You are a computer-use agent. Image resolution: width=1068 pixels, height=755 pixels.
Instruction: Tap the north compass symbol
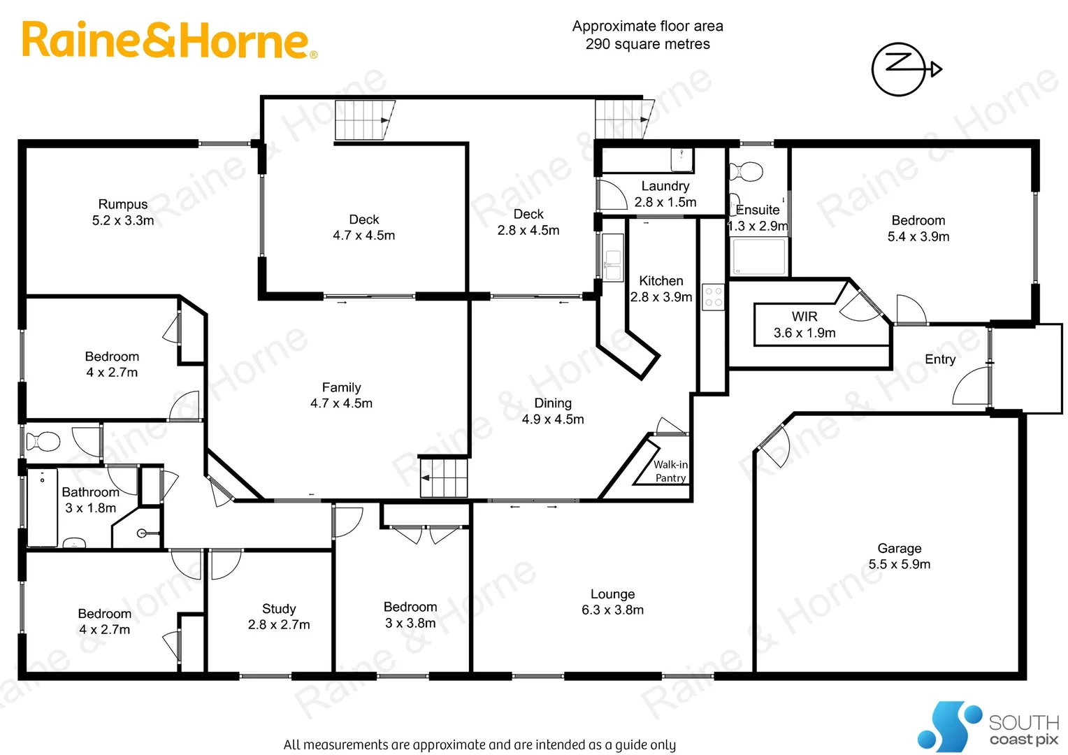(902, 69)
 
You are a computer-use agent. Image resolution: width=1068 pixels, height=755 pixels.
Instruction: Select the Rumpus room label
(123, 204)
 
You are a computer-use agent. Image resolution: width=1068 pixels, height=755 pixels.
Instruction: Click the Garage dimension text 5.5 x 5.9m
(899, 564)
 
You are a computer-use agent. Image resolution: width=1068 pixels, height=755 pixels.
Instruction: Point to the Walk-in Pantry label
(670, 471)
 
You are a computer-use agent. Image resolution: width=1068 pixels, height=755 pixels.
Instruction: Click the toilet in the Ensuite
(746, 171)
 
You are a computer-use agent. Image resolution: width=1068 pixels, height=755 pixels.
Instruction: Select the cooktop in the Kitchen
(713, 297)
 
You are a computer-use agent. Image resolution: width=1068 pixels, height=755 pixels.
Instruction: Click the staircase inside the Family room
(443, 477)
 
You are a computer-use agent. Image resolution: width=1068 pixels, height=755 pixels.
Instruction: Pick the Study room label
(279, 609)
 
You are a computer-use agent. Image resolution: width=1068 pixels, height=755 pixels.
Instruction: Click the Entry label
(939, 359)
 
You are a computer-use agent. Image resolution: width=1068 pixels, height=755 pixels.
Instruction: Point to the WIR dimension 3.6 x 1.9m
(804, 333)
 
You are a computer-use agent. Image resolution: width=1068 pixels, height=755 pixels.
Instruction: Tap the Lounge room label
(612, 594)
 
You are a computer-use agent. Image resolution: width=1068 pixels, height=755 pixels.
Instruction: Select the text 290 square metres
(647, 44)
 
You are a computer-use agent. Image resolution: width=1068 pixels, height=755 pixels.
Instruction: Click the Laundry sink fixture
(681, 159)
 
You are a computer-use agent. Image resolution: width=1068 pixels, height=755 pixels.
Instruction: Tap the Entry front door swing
(972, 387)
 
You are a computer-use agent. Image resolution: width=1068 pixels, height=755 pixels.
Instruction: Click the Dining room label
(553, 403)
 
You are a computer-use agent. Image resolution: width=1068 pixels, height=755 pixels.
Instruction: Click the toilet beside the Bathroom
(43, 442)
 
